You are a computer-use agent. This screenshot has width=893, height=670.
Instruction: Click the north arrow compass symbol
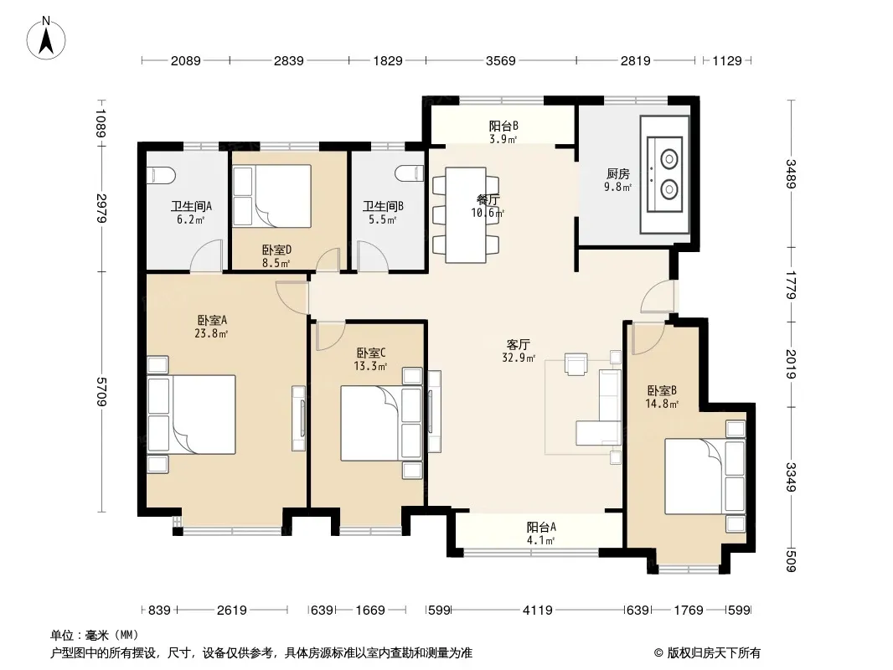pyautogui.click(x=46, y=39)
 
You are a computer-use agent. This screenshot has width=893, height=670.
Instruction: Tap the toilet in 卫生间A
pyautogui.click(x=161, y=175)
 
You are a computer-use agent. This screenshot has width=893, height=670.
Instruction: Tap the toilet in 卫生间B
pyautogui.click(x=410, y=173)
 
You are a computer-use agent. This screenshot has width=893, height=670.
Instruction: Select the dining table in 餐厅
pyautogui.click(x=466, y=214)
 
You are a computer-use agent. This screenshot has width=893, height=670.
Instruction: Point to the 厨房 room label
pyautogui.click(x=618, y=173)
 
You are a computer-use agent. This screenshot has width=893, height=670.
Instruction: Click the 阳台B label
pyautogui.click(x=503, y=126)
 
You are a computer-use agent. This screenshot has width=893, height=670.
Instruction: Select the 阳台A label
pyautogui.click(x=541, y=527)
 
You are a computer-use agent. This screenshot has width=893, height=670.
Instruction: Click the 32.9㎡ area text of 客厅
pyautogui.click(x=519, y=358)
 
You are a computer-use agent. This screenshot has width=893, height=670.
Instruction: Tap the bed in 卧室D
pyautogui.click(x=272, y=196)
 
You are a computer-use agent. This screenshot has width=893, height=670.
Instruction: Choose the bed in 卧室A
pyautogui.click(x=191, y=414)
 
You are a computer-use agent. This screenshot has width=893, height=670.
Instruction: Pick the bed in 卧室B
pyautogui.click(x=705, y=476)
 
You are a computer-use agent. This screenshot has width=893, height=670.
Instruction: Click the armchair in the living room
pyautogui.click(x=576, y=363)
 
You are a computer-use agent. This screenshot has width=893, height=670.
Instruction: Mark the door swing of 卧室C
pyautogui.click(x=330, y=336)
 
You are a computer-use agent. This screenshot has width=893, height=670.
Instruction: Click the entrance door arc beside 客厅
pyautogui.click(x=657, y=296)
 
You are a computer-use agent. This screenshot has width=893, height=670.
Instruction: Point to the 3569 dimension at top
pyautogui.click(x=501, y=60)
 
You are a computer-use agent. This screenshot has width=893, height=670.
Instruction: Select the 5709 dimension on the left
pyautogui.click(x=102, y=392)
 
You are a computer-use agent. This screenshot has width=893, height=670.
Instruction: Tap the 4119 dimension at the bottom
pyautogui.click(x=538, y=611)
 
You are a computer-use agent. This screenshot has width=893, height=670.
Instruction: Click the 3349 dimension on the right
pyautogui.click(x=791, y=477)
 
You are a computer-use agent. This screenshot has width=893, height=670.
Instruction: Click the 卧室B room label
pyautogui.click(x=662, y=390)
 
